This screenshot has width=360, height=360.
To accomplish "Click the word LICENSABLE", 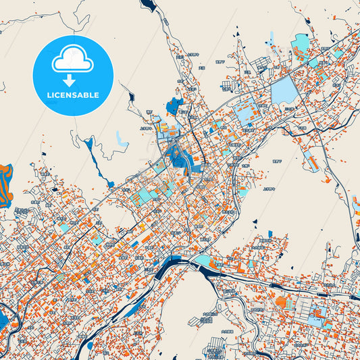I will (x=72, y=95).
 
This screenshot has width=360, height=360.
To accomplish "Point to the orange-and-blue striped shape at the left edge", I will (x=5, y=184).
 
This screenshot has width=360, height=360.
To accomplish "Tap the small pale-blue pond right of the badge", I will (x=121, y=140).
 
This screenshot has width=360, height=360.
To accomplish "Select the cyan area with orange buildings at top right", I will (x=299, y=45).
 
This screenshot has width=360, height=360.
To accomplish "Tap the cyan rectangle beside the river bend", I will (x=203, y=260).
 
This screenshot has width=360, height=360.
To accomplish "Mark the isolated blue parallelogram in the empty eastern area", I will (x=311, y=160).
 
